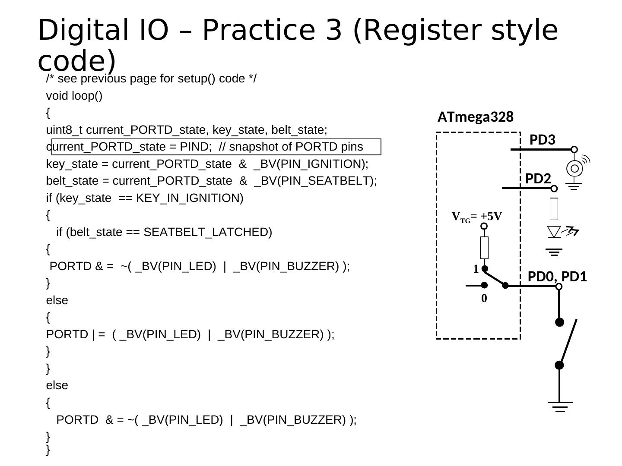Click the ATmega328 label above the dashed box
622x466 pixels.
[x=475, y=117]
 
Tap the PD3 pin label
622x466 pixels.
[x=542, y=140]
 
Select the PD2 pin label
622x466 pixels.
[x=538, y=179]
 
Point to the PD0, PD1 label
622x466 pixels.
[x=557, y=277]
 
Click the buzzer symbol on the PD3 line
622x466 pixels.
[x=574, y=168]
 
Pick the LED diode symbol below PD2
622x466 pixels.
[x=554, y=232]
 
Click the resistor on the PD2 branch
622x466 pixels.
[x=554, y=209]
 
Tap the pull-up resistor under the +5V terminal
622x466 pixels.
[x=484, y=247]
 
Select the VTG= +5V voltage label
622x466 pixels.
[x=477, y=217]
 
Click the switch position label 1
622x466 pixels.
[x=476, y=269]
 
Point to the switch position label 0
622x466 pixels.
[x=484, y=298]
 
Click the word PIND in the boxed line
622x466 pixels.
[x=194, y=147]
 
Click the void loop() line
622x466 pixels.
[x=74, y=96]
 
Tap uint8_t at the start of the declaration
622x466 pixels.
[x=64, y=130]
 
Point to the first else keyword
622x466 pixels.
[x=57, y=300]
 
